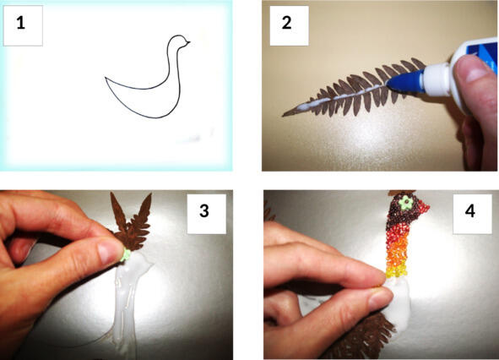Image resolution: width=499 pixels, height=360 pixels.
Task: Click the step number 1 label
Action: [x=21, y=24]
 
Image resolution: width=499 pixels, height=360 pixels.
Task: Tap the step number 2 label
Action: [x=286, y=24]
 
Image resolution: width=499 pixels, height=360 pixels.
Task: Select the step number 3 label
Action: [x=204, y=211]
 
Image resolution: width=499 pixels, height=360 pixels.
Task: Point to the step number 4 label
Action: [x=470, y=211]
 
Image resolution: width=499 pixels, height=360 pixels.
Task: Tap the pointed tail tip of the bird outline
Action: [x=106, y=78]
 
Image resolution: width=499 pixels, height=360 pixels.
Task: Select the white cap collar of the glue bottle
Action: [x=437, y=79]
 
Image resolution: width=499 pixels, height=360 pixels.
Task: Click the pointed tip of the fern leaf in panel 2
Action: [x=283, y=115]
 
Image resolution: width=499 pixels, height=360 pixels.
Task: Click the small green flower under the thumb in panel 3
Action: [x=126, y=255]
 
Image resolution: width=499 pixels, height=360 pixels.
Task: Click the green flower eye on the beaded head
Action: [x=406, y=203]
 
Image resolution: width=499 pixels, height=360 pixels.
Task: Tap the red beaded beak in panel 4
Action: [x=421, y=209]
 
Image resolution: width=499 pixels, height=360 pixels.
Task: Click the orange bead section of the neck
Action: [x=397, y=254]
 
